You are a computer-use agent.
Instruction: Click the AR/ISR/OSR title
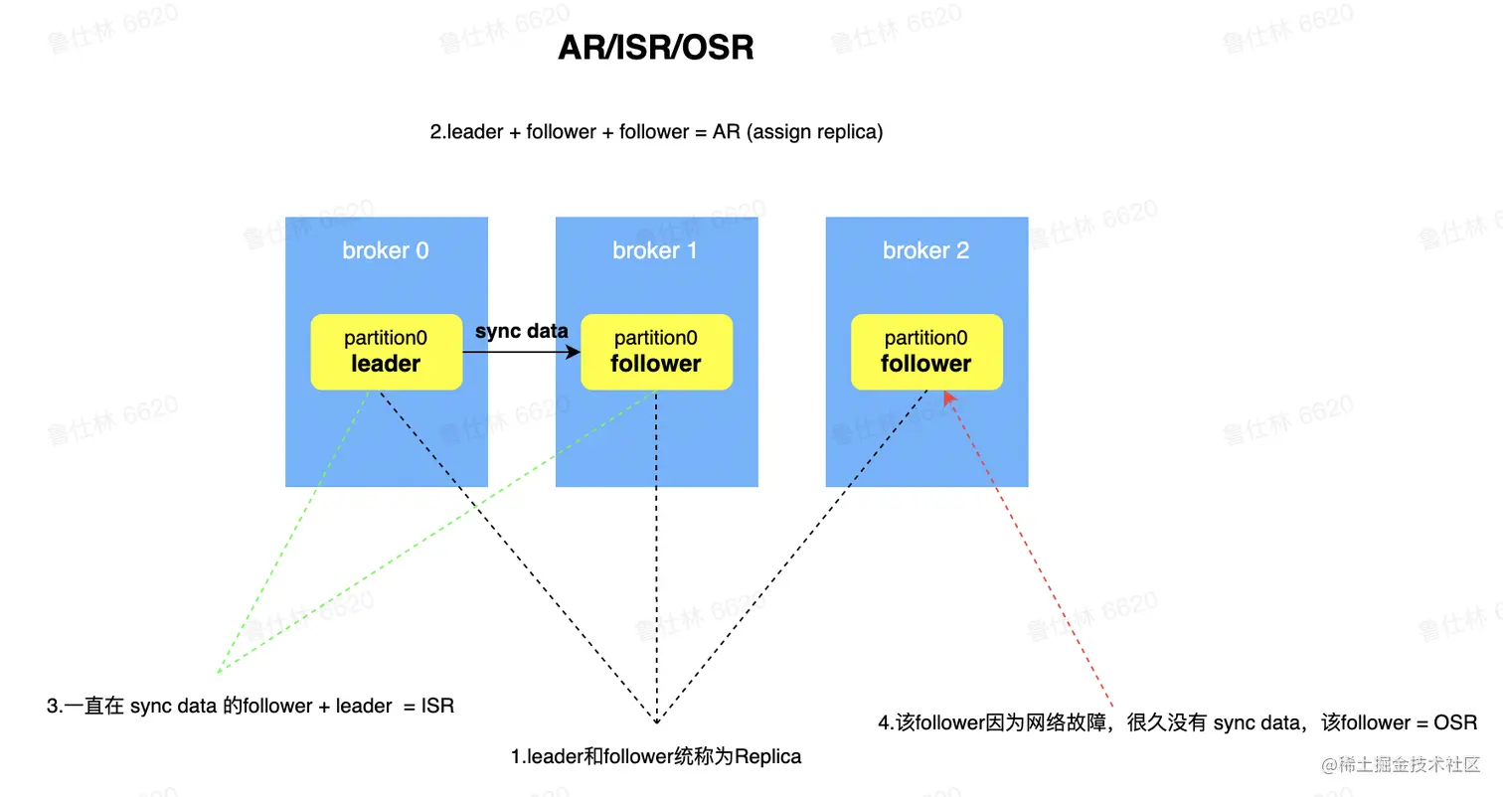pyautogui.click(x=656, y=48)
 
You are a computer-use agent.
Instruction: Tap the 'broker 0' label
pyautogui.click(x=386, y=250)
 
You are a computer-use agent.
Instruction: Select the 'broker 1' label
pyautogui.click(x=656, y=250)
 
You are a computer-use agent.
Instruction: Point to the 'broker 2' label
pyautogui.click(x=926, y=250)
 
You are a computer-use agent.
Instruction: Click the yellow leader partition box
pyautogui.click(x=387, y=352)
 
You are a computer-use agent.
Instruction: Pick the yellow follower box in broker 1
pyautogui.click(x=656, y=352)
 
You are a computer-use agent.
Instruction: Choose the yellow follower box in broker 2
pyautogui.click(x=926, y=352)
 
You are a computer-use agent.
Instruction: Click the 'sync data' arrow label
pyautogui.click(x=522, y=331)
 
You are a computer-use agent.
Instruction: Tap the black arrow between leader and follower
pyautogui.click(x=522, y=352)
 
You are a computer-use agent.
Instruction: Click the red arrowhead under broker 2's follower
pyautogui.click(x=949, y=398)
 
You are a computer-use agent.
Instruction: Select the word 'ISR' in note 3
pyautogui.click(x=437, y=707)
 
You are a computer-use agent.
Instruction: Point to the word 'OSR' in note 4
pyautogui.click(x=1456, y=723)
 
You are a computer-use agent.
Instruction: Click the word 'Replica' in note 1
pyautogui.click(x=767, y=757)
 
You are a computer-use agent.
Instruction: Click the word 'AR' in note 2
pyautogui.click(x=727, y=131)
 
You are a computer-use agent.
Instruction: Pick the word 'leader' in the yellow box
pyautogui.click(x=386, y=364)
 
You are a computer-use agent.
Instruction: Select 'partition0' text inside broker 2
pyautogui.click(x=926, y=339)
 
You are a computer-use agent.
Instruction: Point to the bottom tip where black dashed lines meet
pyautogui.click(x=656, y=720)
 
